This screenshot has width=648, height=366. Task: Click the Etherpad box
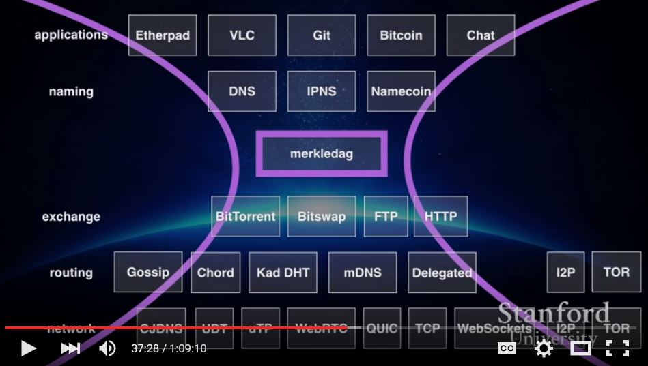coord(163,35)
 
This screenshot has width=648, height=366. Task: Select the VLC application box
coord(242,35)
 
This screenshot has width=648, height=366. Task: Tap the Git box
coord(322,35)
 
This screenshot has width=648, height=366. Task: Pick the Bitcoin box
coord(401,35)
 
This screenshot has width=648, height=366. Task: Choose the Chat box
coord(481,35)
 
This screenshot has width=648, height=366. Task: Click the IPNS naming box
coord(322,91)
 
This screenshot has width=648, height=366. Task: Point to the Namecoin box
coord(401,91)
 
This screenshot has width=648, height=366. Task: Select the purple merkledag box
coord(322,154)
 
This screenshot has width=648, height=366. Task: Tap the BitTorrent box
coord(245,217)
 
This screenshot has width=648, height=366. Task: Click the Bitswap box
coord(322,217)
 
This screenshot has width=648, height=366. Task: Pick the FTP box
coord(386,217)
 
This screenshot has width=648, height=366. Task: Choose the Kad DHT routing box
coord(283,273)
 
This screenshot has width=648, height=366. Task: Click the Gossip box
coord(148,272)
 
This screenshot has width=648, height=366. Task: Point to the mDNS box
coord(363,273)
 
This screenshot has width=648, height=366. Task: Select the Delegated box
coord(442,273)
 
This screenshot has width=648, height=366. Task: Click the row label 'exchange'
coord(71,217)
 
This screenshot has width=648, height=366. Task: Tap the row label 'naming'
coord(71,91)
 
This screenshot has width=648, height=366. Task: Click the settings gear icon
coord(544,348)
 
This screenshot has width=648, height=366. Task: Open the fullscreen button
coord(617,348)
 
